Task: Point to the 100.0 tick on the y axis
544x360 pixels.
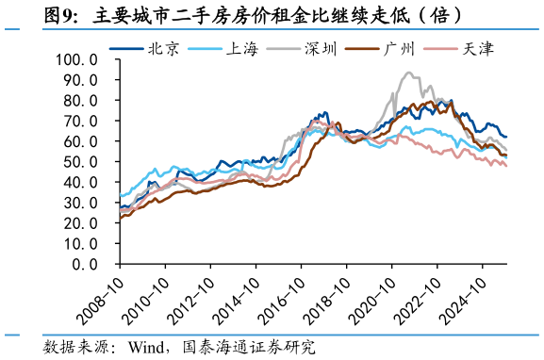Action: (x=78, y=59)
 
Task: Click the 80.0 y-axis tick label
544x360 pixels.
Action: (x=82, y=101)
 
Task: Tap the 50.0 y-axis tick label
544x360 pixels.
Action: (x=82, y=162)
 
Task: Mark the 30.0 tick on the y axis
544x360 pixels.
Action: (x=82, y=204)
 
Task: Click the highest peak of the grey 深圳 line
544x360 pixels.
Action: (x=407, y=73)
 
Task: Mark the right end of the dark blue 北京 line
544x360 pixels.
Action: (x=506, y=138)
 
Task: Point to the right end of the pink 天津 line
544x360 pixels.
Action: (x=506, y=166)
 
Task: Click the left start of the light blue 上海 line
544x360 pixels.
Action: (x=120, y=196)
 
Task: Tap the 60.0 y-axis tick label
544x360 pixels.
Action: (x=82, y=141)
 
